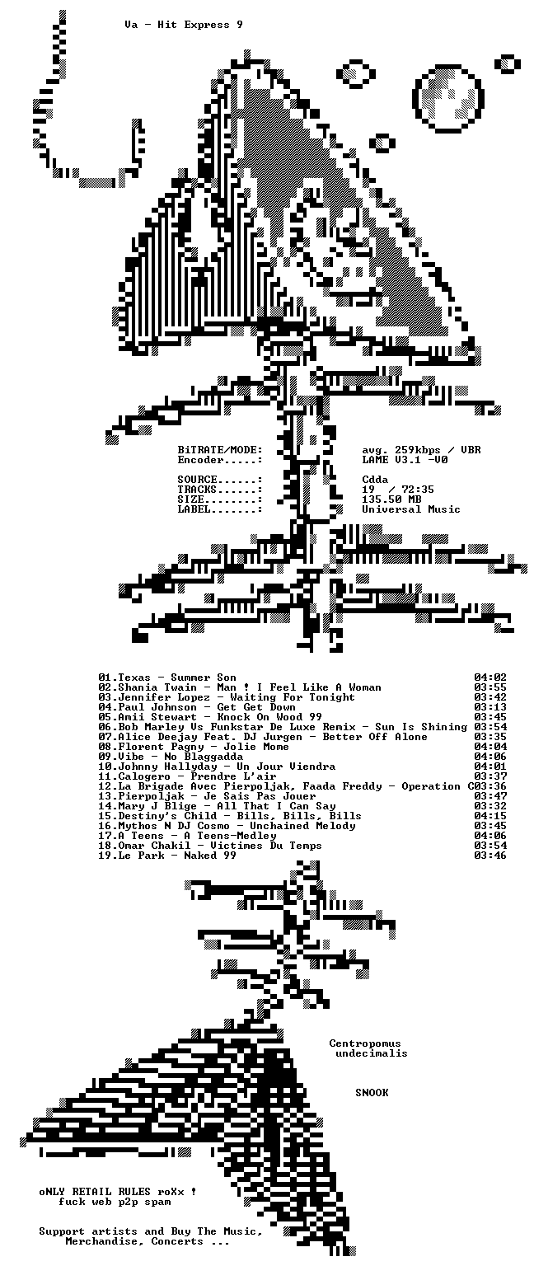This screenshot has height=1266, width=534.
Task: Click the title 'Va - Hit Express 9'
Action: click(185, 25)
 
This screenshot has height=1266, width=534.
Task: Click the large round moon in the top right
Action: click(449, 98)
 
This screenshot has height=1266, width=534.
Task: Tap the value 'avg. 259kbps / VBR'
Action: click(422, 450)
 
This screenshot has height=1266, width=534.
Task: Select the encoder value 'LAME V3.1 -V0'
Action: click(405, 460)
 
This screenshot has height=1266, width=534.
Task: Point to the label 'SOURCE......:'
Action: click(220, 480)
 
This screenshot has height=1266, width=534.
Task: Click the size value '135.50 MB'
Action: click(391, 499)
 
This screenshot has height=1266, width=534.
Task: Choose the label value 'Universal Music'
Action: click(411, 509)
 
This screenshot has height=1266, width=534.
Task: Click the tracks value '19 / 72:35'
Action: click(398, 490)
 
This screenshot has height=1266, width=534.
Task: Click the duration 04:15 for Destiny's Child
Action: click(490, 815)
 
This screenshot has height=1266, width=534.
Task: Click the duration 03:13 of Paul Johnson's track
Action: click(490, 707)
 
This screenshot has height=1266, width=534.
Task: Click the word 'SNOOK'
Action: click(372, 1092)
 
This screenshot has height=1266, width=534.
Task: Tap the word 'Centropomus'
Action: click(365, 1043)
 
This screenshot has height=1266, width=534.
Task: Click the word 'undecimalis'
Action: click(372, 1053)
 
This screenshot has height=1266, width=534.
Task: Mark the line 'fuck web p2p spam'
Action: click(115, 1202)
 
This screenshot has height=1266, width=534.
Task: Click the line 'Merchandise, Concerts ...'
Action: click(148, 1241)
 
